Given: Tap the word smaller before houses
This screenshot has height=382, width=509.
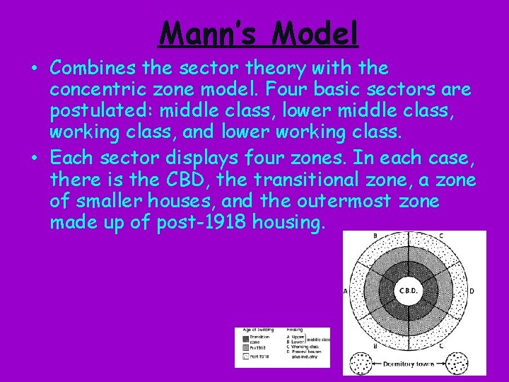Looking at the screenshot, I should click(x=114, y=202).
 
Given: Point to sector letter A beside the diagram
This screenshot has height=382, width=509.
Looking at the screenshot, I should click(x=346, y=290).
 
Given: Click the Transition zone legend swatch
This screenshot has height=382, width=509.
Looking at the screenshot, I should click(x=245, y=339).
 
